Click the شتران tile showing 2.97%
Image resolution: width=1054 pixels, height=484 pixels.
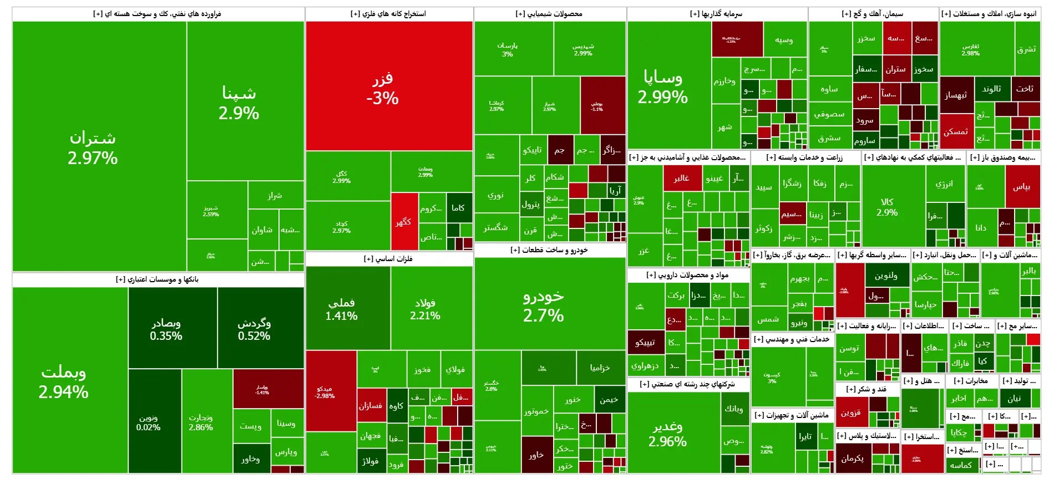point(93,147)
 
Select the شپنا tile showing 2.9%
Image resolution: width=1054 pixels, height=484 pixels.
point(239,103)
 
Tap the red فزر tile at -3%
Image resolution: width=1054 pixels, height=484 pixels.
point(383,89)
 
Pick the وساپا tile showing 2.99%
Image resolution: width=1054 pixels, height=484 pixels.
point(663,87)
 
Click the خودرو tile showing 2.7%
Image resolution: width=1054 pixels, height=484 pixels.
point(544,305)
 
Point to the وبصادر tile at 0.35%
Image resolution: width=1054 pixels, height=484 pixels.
point(166,329)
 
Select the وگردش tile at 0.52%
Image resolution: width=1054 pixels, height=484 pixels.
point(254,329)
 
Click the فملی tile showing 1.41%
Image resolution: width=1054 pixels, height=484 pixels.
point(342,309)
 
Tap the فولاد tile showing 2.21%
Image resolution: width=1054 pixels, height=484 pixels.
point(425,309)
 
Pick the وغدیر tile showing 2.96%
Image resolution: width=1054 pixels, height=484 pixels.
point(668,434)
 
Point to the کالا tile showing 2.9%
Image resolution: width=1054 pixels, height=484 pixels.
point(887,207)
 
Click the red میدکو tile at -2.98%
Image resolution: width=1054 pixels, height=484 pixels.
point(325,392)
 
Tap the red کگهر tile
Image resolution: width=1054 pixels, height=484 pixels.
point(404,222)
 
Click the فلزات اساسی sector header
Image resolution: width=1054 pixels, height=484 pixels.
point(388,259)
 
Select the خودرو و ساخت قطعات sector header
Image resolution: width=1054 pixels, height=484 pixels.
point(549,250)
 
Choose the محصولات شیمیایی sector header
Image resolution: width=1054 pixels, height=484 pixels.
point(549,14)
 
